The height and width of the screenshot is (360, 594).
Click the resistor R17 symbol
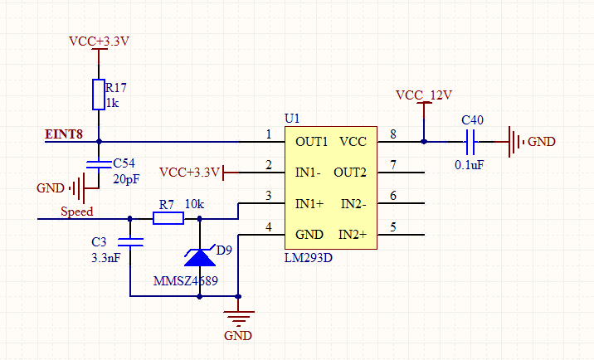(99, 95)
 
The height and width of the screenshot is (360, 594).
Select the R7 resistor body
(168, 219)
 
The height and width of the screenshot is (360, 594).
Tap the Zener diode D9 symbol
(199, 256)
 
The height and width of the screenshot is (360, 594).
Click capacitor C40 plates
(472, 142)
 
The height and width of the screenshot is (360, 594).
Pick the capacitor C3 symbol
(130, 243)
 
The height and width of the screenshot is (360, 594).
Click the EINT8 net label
(64, 134)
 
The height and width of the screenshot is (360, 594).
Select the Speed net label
(76, 212)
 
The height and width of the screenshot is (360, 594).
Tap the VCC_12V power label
(423, 95)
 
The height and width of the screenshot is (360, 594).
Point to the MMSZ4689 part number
(186, 281)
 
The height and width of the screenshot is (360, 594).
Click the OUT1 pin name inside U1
(312, 141)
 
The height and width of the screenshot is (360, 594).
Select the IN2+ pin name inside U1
(357, 235)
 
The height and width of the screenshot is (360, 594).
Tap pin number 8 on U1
(392, 134)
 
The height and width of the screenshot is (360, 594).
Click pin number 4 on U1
(268, 227)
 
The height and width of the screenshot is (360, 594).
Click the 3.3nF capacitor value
(106, 258)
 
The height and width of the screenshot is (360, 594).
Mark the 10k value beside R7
(195, 203)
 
